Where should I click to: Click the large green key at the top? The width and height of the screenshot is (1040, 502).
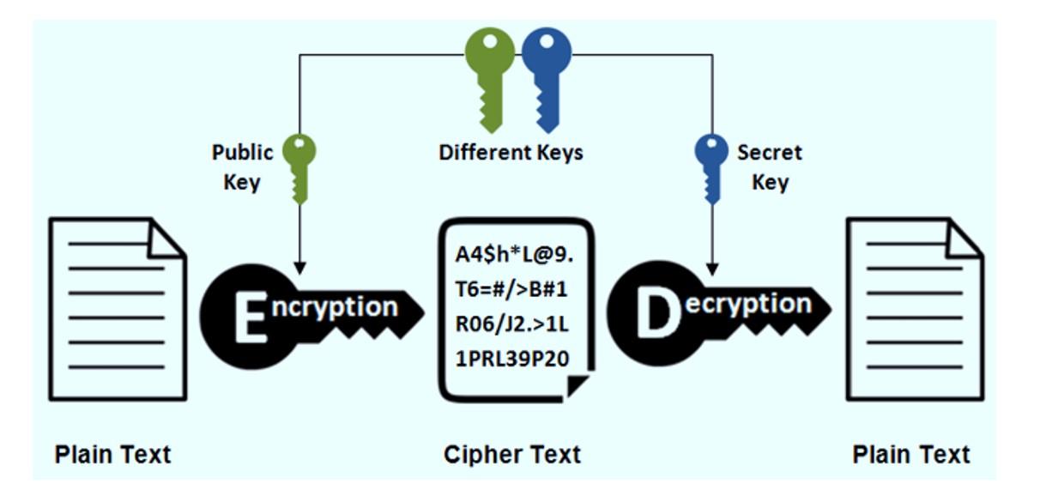click(x=489, y=73)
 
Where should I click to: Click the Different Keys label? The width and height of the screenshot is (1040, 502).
click(x=511, y=153)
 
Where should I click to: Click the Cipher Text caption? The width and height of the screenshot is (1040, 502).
click(x=511, y=454)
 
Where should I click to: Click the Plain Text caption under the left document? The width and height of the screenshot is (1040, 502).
click(x=112, y=454)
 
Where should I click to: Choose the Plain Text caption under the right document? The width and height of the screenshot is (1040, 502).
click(x=911, y=454)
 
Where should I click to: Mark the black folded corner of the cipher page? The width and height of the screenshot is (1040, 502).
click(x=578, y=385)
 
